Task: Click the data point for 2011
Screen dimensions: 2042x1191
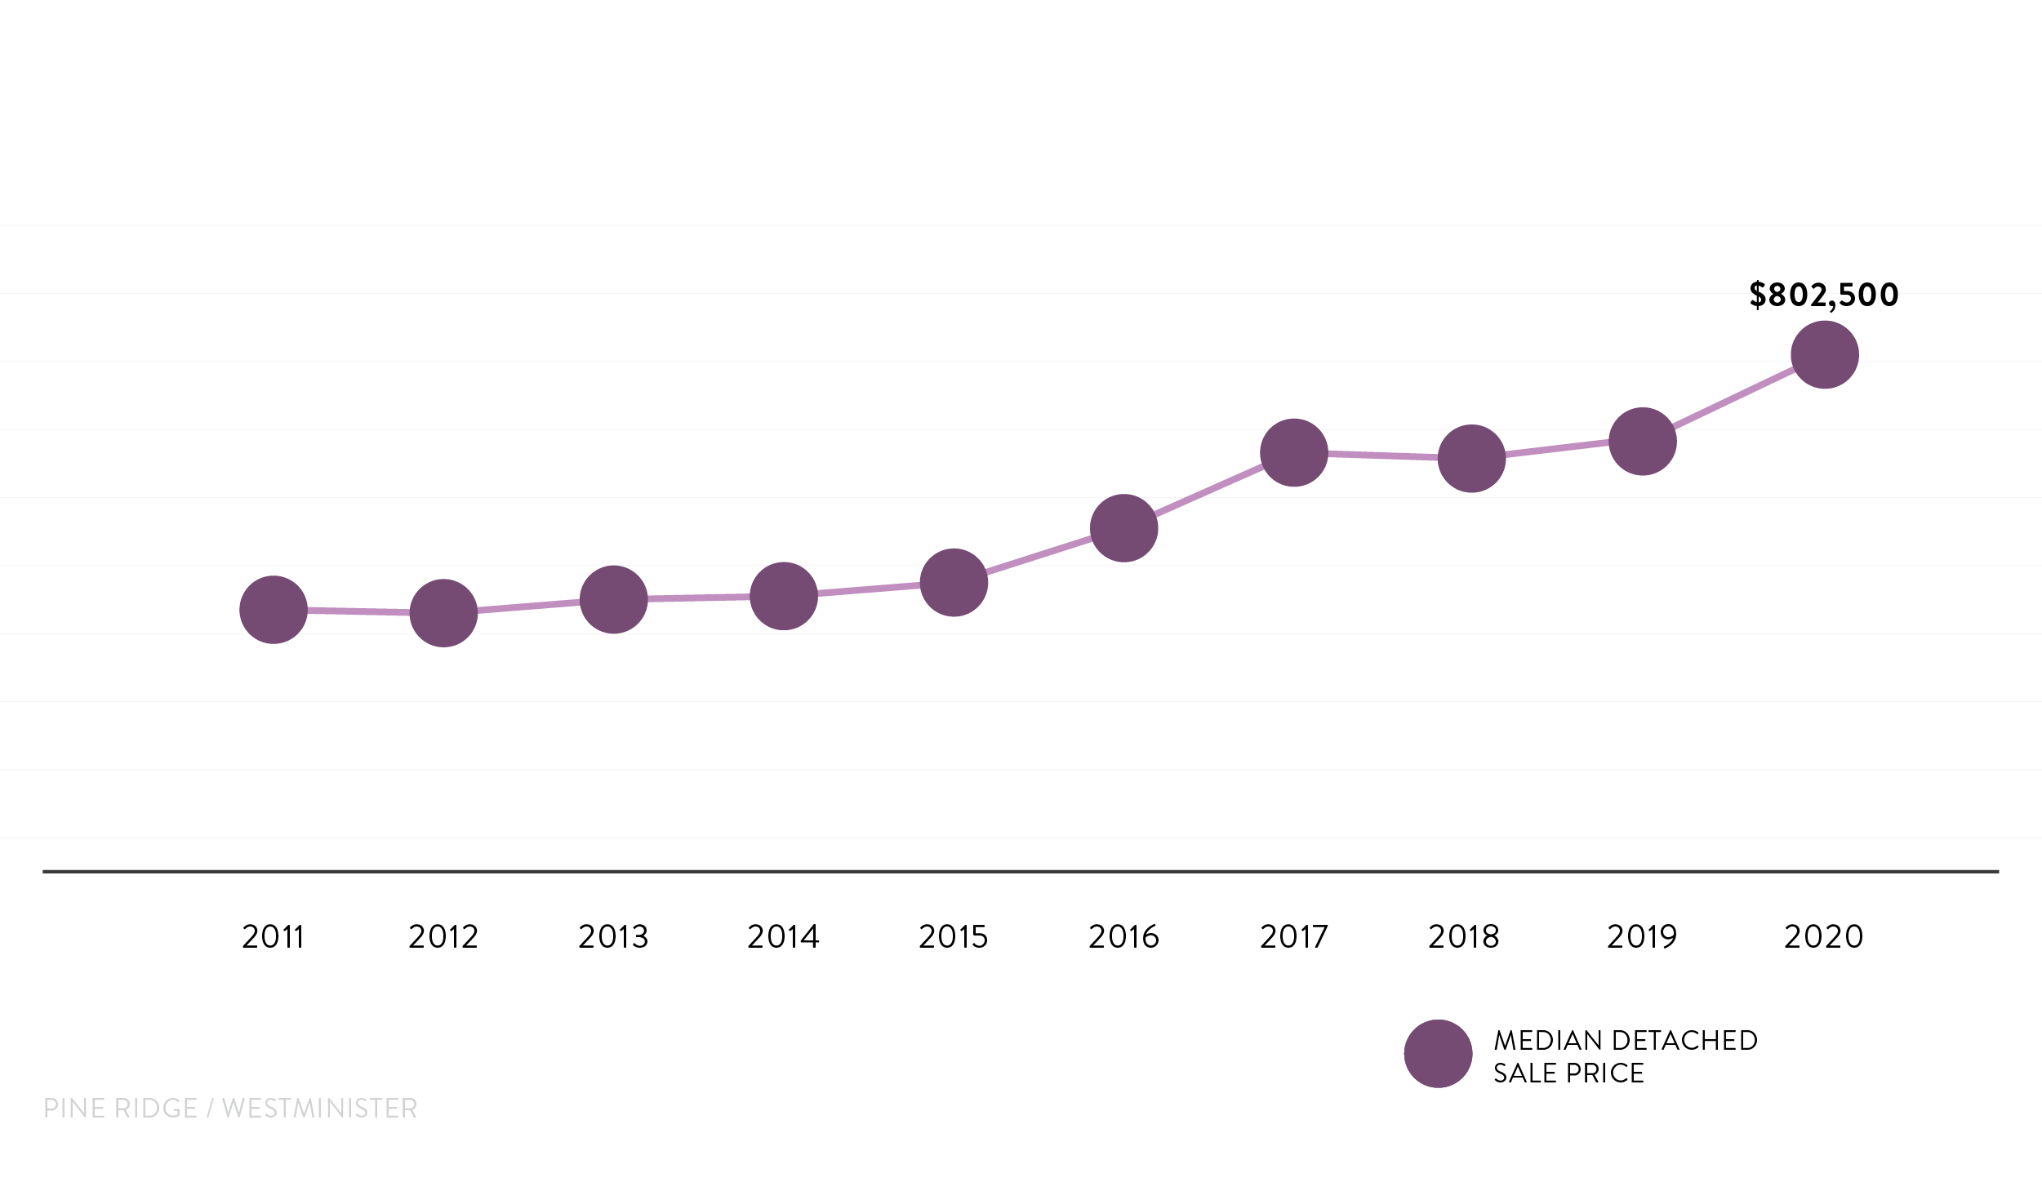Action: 274,610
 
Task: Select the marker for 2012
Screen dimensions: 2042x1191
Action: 443,613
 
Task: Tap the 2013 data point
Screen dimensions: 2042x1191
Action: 614,599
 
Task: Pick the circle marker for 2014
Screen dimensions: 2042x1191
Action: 784,596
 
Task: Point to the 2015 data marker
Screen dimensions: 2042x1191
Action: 954,582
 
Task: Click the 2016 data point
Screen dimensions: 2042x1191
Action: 1124,528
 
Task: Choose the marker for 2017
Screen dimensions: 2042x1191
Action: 1294,453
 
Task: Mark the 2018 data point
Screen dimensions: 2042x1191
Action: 1471,459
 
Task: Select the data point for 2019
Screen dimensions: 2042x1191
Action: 1643,442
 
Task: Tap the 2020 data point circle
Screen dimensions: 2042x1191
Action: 1825,355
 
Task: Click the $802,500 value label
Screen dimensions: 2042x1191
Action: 1824,296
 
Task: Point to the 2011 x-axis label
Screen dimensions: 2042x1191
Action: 274,936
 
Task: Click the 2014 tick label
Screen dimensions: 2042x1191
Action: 784,936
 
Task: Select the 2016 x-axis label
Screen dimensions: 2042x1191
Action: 1124,936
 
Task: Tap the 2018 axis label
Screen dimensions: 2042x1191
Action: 1464,936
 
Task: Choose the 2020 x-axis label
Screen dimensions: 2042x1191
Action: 1824,936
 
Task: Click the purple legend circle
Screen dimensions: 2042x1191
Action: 1439,1054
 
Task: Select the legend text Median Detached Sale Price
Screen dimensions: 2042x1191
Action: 1626,1056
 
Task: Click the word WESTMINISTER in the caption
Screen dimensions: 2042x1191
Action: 320,1108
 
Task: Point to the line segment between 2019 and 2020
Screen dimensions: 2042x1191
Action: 1733,398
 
